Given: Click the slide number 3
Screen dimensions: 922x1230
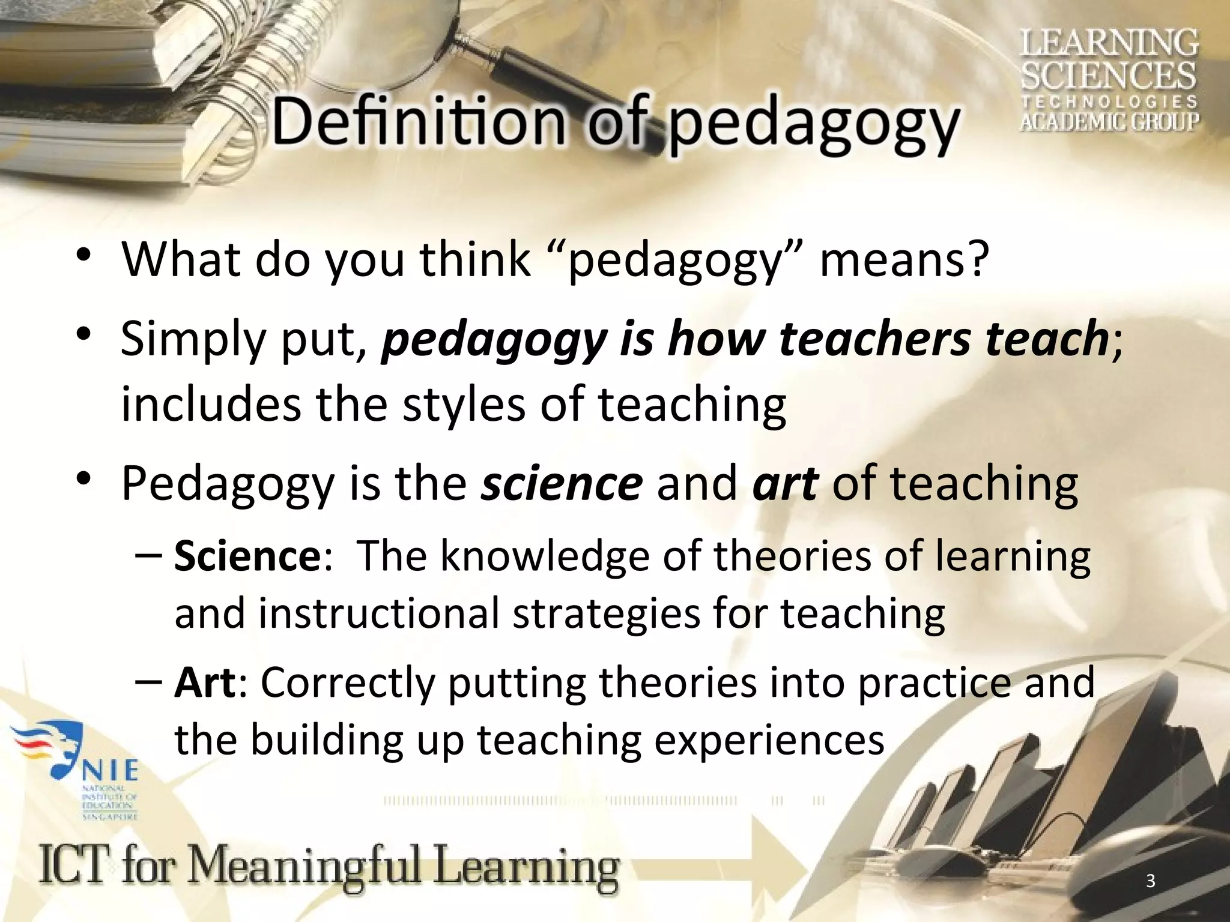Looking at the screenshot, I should (1150, 881).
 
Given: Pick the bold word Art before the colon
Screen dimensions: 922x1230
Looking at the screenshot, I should (204, 682).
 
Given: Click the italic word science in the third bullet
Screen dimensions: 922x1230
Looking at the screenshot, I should (562, 483).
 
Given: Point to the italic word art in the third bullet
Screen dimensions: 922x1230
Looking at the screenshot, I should (784, 483).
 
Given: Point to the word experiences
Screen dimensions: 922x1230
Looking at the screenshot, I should (768, 740).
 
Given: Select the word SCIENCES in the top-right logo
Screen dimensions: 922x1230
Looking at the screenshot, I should (1109, 77).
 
